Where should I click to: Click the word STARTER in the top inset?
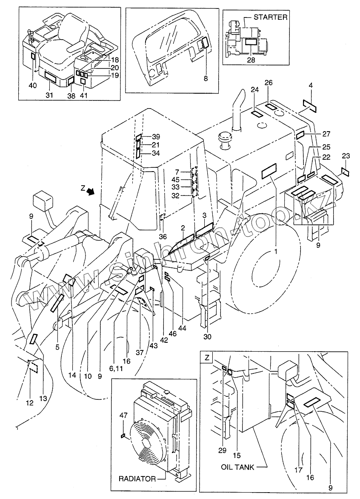point(271,17)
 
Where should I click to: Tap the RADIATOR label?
point(137,479)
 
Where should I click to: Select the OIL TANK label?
point(237,467)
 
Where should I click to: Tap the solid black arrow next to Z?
point(90,192)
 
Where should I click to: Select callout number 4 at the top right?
point(311,86)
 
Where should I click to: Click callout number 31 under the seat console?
point(50,95)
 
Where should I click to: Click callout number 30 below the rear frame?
point(207,337)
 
